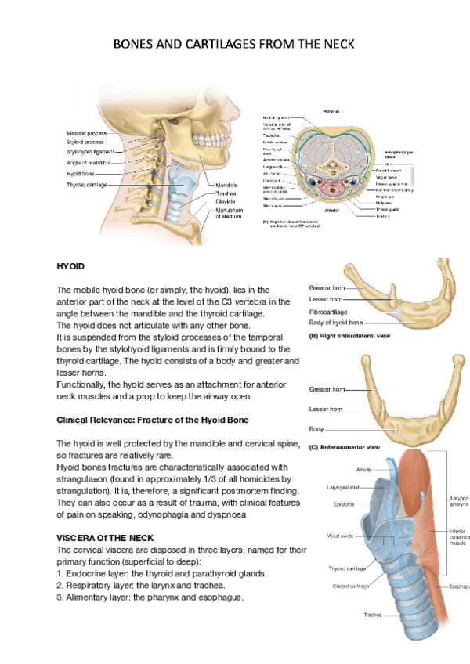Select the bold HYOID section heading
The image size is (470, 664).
70,266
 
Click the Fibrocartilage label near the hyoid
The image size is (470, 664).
330,312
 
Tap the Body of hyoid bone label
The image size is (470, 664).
335,323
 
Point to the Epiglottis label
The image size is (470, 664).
345,504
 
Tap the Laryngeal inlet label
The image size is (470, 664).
343,487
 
